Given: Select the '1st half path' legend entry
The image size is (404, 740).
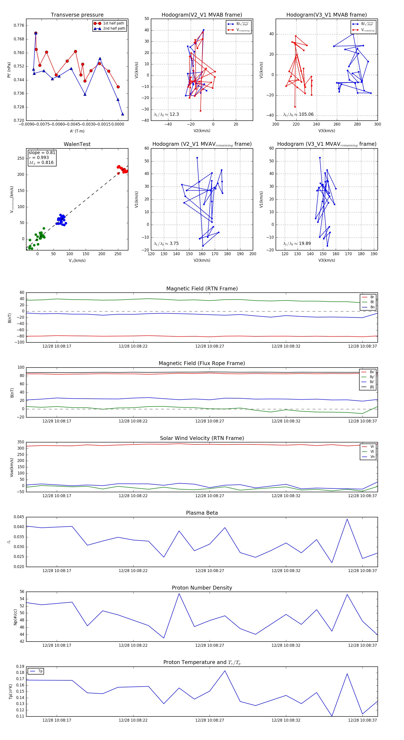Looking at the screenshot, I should point(113,23).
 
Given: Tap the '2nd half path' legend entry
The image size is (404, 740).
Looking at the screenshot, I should point(114,28).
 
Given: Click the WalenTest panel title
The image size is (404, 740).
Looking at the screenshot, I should point(77,144).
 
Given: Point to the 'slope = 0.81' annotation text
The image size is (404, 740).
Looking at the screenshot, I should point(42,152).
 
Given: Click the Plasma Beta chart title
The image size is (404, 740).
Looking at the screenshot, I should point(202,513).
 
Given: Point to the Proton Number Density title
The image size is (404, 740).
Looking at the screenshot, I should point(202,588).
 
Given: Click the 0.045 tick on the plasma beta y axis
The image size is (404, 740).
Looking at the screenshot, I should point(19,517).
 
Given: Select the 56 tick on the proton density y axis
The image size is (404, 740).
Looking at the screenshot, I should point(22,592).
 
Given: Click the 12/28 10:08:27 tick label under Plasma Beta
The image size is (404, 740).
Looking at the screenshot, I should point(209,571).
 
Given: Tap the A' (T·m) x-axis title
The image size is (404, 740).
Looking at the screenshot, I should point(77,131).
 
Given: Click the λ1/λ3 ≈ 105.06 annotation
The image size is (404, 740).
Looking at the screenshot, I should point(298,114).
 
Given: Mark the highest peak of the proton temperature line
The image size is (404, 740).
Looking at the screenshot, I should point(225,671).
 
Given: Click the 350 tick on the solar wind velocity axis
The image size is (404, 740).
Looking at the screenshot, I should point(21,442).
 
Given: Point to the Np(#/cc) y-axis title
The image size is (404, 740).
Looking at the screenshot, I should point(15,617).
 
